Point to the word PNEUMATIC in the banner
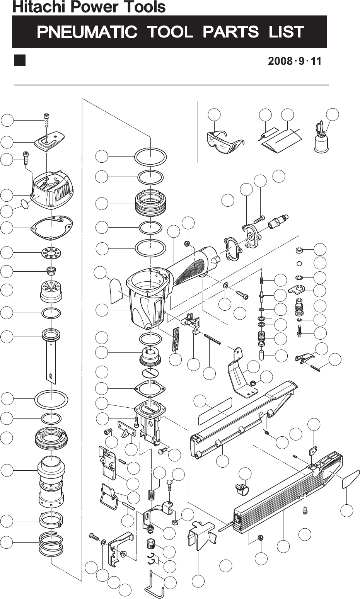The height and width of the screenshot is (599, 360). tap(87, 32)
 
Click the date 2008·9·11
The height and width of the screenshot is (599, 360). tap(295, 61)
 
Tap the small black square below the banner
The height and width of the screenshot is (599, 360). tap(20, 61)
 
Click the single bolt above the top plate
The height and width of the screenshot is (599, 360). tap(46, 120)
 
